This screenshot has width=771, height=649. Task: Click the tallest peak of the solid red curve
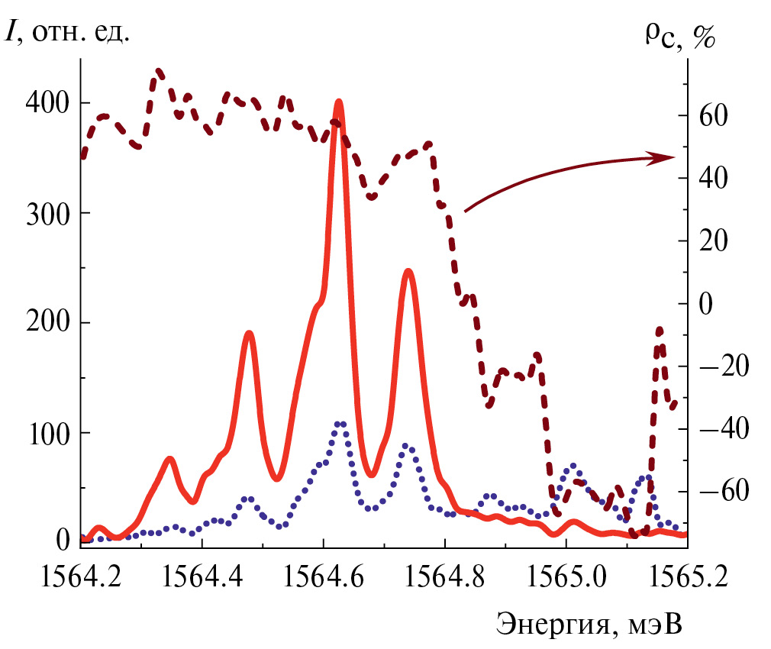click(x=339, y=103)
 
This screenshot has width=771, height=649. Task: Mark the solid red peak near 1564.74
click(x=408, y=271)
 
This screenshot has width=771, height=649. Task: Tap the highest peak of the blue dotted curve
click(x=340, y=424)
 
